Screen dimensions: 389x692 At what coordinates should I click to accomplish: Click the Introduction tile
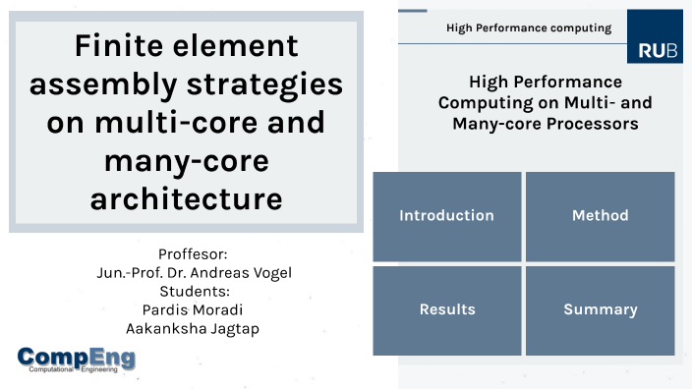(x=446, y=215)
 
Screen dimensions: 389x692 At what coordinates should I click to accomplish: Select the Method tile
(x=600, y=215)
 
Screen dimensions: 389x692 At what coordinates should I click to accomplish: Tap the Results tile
(x=446, y=309)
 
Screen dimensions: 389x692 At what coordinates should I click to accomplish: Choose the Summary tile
(x=600, y=309)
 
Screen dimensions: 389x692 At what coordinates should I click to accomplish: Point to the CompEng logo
(x=77, y=361)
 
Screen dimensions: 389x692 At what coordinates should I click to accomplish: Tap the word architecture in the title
(x=186, y=198)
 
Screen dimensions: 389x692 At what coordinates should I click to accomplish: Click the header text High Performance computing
(x=529, y=28)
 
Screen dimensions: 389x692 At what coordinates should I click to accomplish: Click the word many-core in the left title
(x=186, y=160)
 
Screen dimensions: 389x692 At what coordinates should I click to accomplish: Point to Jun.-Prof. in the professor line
(x=123, y=272)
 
